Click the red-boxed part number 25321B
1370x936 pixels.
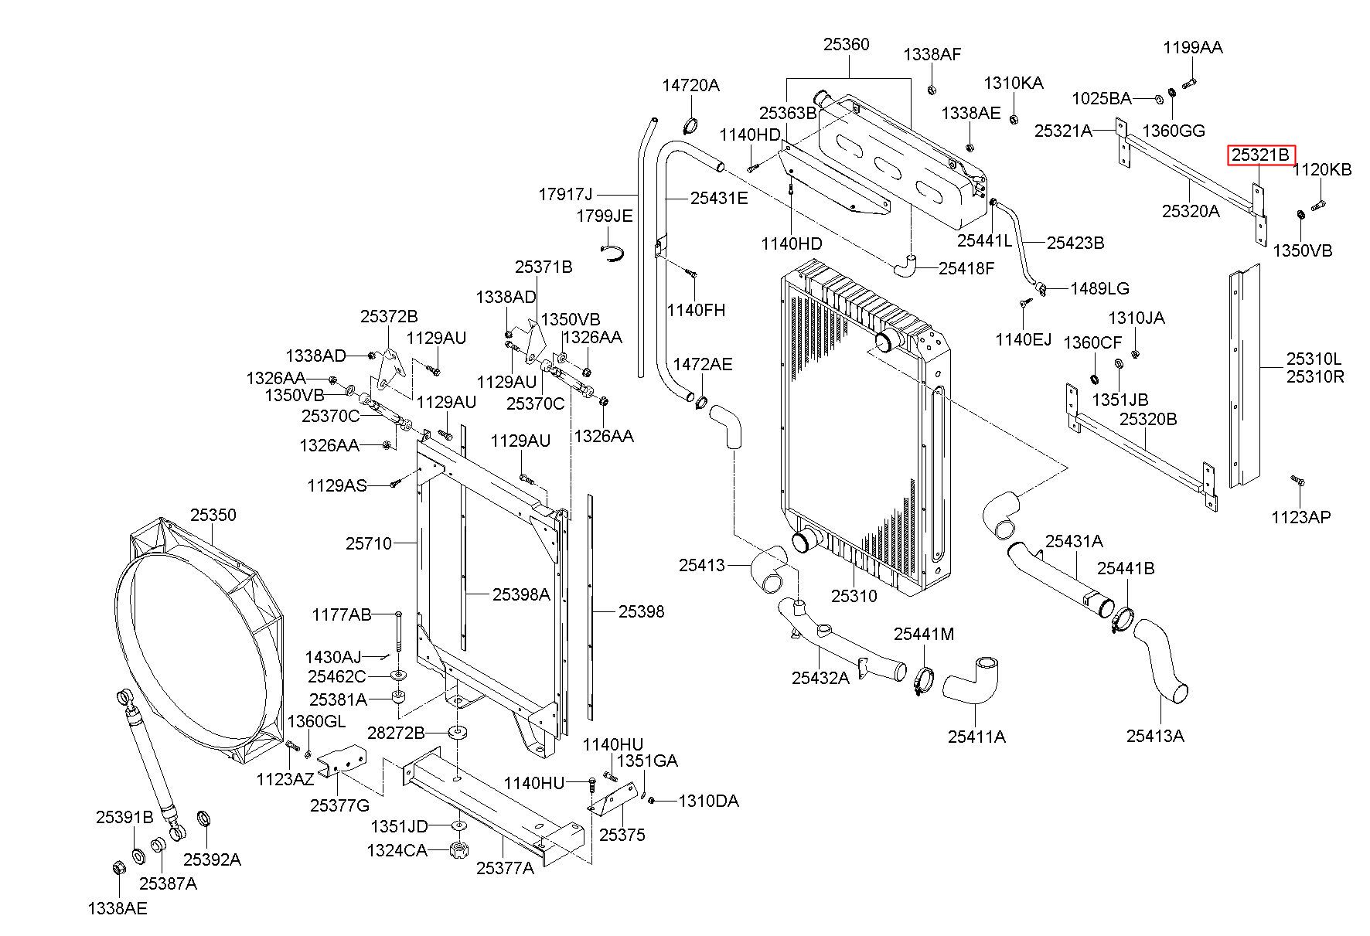(x=1261, y=155)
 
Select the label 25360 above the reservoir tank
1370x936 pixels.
(x=847, y=45)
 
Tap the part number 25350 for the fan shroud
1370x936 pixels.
(x=213, y=515)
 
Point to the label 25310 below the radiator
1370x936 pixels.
(x=854, y=596)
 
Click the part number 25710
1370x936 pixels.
(x=369, y=543)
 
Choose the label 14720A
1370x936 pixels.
(x=690, y=85)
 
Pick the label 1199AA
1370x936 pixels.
(x=1193, y=47)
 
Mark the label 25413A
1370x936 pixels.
(x=1155, y=735)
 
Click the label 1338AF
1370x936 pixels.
(x=932, y=54)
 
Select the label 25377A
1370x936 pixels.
(x=505, y=868)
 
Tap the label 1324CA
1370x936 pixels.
(x=398, y=851)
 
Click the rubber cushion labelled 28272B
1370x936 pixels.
(x=461, y=733)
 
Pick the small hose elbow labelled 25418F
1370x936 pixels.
(x=906, y=265)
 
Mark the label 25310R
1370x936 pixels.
(x=1315, y=377)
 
